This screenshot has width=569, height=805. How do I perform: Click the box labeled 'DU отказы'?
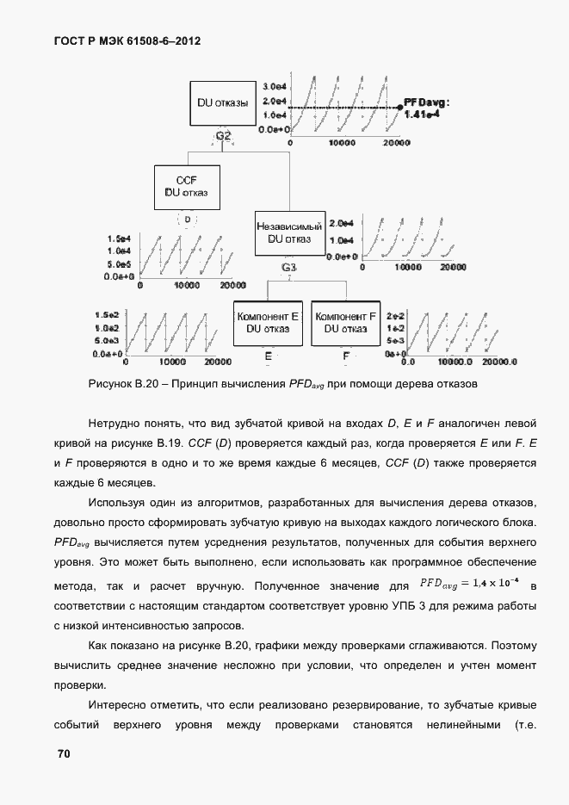click(x=222, y=103)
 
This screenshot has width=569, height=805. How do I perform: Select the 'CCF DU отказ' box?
click(x=186, y=186)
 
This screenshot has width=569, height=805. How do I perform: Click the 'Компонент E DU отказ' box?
click(x=267, y=322)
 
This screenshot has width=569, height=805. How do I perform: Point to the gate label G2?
click(x=223, y=136)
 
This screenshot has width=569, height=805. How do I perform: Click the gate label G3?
click(x=289, y=268)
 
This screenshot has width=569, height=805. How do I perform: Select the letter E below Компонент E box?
click(x=268, y=356)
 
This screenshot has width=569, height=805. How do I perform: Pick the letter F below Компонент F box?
click(x=346, y=356)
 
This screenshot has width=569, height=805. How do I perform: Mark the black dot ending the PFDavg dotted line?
click(x=399, y=108)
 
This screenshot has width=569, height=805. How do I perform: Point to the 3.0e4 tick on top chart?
click(x=274, y=87)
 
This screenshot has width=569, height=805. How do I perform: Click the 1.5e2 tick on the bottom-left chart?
click(x=106, y=316)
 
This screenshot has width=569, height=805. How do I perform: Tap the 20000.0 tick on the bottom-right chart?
click(x=499, y=362)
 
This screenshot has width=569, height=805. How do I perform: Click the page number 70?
click(x=63, y=754)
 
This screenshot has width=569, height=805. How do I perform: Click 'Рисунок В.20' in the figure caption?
click(x=118, y=383)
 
